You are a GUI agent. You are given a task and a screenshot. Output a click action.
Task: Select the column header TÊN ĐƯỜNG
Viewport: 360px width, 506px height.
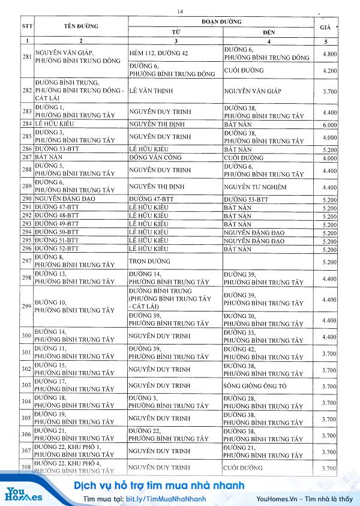pyautogui.click(x=81, y=26)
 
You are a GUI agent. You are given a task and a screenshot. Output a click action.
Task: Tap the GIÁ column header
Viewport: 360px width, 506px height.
pyautogui.click(x=326, y=28)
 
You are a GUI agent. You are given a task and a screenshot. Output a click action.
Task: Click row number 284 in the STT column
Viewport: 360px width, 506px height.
pyautogui.click(x=26, y=124)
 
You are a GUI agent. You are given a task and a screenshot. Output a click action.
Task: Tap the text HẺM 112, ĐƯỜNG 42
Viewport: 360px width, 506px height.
pyautogui.click(x=158, y=53)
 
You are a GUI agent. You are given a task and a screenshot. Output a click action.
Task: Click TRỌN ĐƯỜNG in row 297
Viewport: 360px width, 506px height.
pyautogui.click(x=149, y=261)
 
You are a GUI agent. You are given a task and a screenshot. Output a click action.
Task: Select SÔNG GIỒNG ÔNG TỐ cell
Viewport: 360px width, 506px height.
pyautogui.click(x=254, y=385)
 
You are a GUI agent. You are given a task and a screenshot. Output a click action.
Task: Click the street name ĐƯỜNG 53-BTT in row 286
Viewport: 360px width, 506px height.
pyautogui.click(x=57, y=148)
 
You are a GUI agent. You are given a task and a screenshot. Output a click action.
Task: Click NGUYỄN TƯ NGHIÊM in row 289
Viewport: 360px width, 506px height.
pyautogui.click(x=254, y=187)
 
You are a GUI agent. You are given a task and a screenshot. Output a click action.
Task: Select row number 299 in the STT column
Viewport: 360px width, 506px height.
pyautogui.click(x=26, y=306)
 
